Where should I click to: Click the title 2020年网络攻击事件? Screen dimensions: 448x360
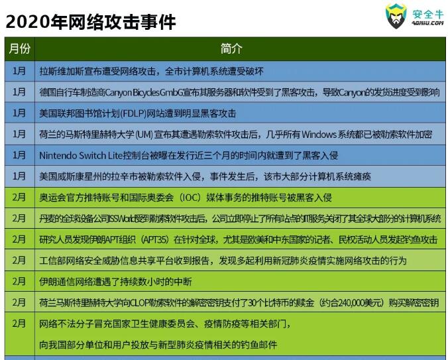(x=91, y=22)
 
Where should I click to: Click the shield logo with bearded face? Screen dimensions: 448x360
(x=396, y=16)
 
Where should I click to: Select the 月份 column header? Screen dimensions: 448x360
(x=19, y=48)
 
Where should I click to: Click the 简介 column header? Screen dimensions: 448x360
(x=231, y=48)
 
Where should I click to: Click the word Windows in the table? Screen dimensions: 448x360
(x=319, y=135)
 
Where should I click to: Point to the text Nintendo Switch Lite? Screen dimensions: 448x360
(x=81, y=155)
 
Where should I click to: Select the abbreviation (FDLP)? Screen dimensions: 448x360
(x=133, y=113)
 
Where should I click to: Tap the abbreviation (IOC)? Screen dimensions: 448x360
(x=190, y=198)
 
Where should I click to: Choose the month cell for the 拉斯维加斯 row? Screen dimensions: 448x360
(x=19, y=71)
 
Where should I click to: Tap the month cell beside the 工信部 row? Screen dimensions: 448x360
(x=19, y=261)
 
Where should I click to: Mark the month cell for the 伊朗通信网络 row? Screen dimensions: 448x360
(x=19, y=281)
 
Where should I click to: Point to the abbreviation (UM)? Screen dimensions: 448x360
(x=144, y=135)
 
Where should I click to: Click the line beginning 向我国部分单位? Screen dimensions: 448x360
(x=158, y=345)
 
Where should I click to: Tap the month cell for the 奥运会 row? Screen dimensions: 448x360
(x=19, y=197)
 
